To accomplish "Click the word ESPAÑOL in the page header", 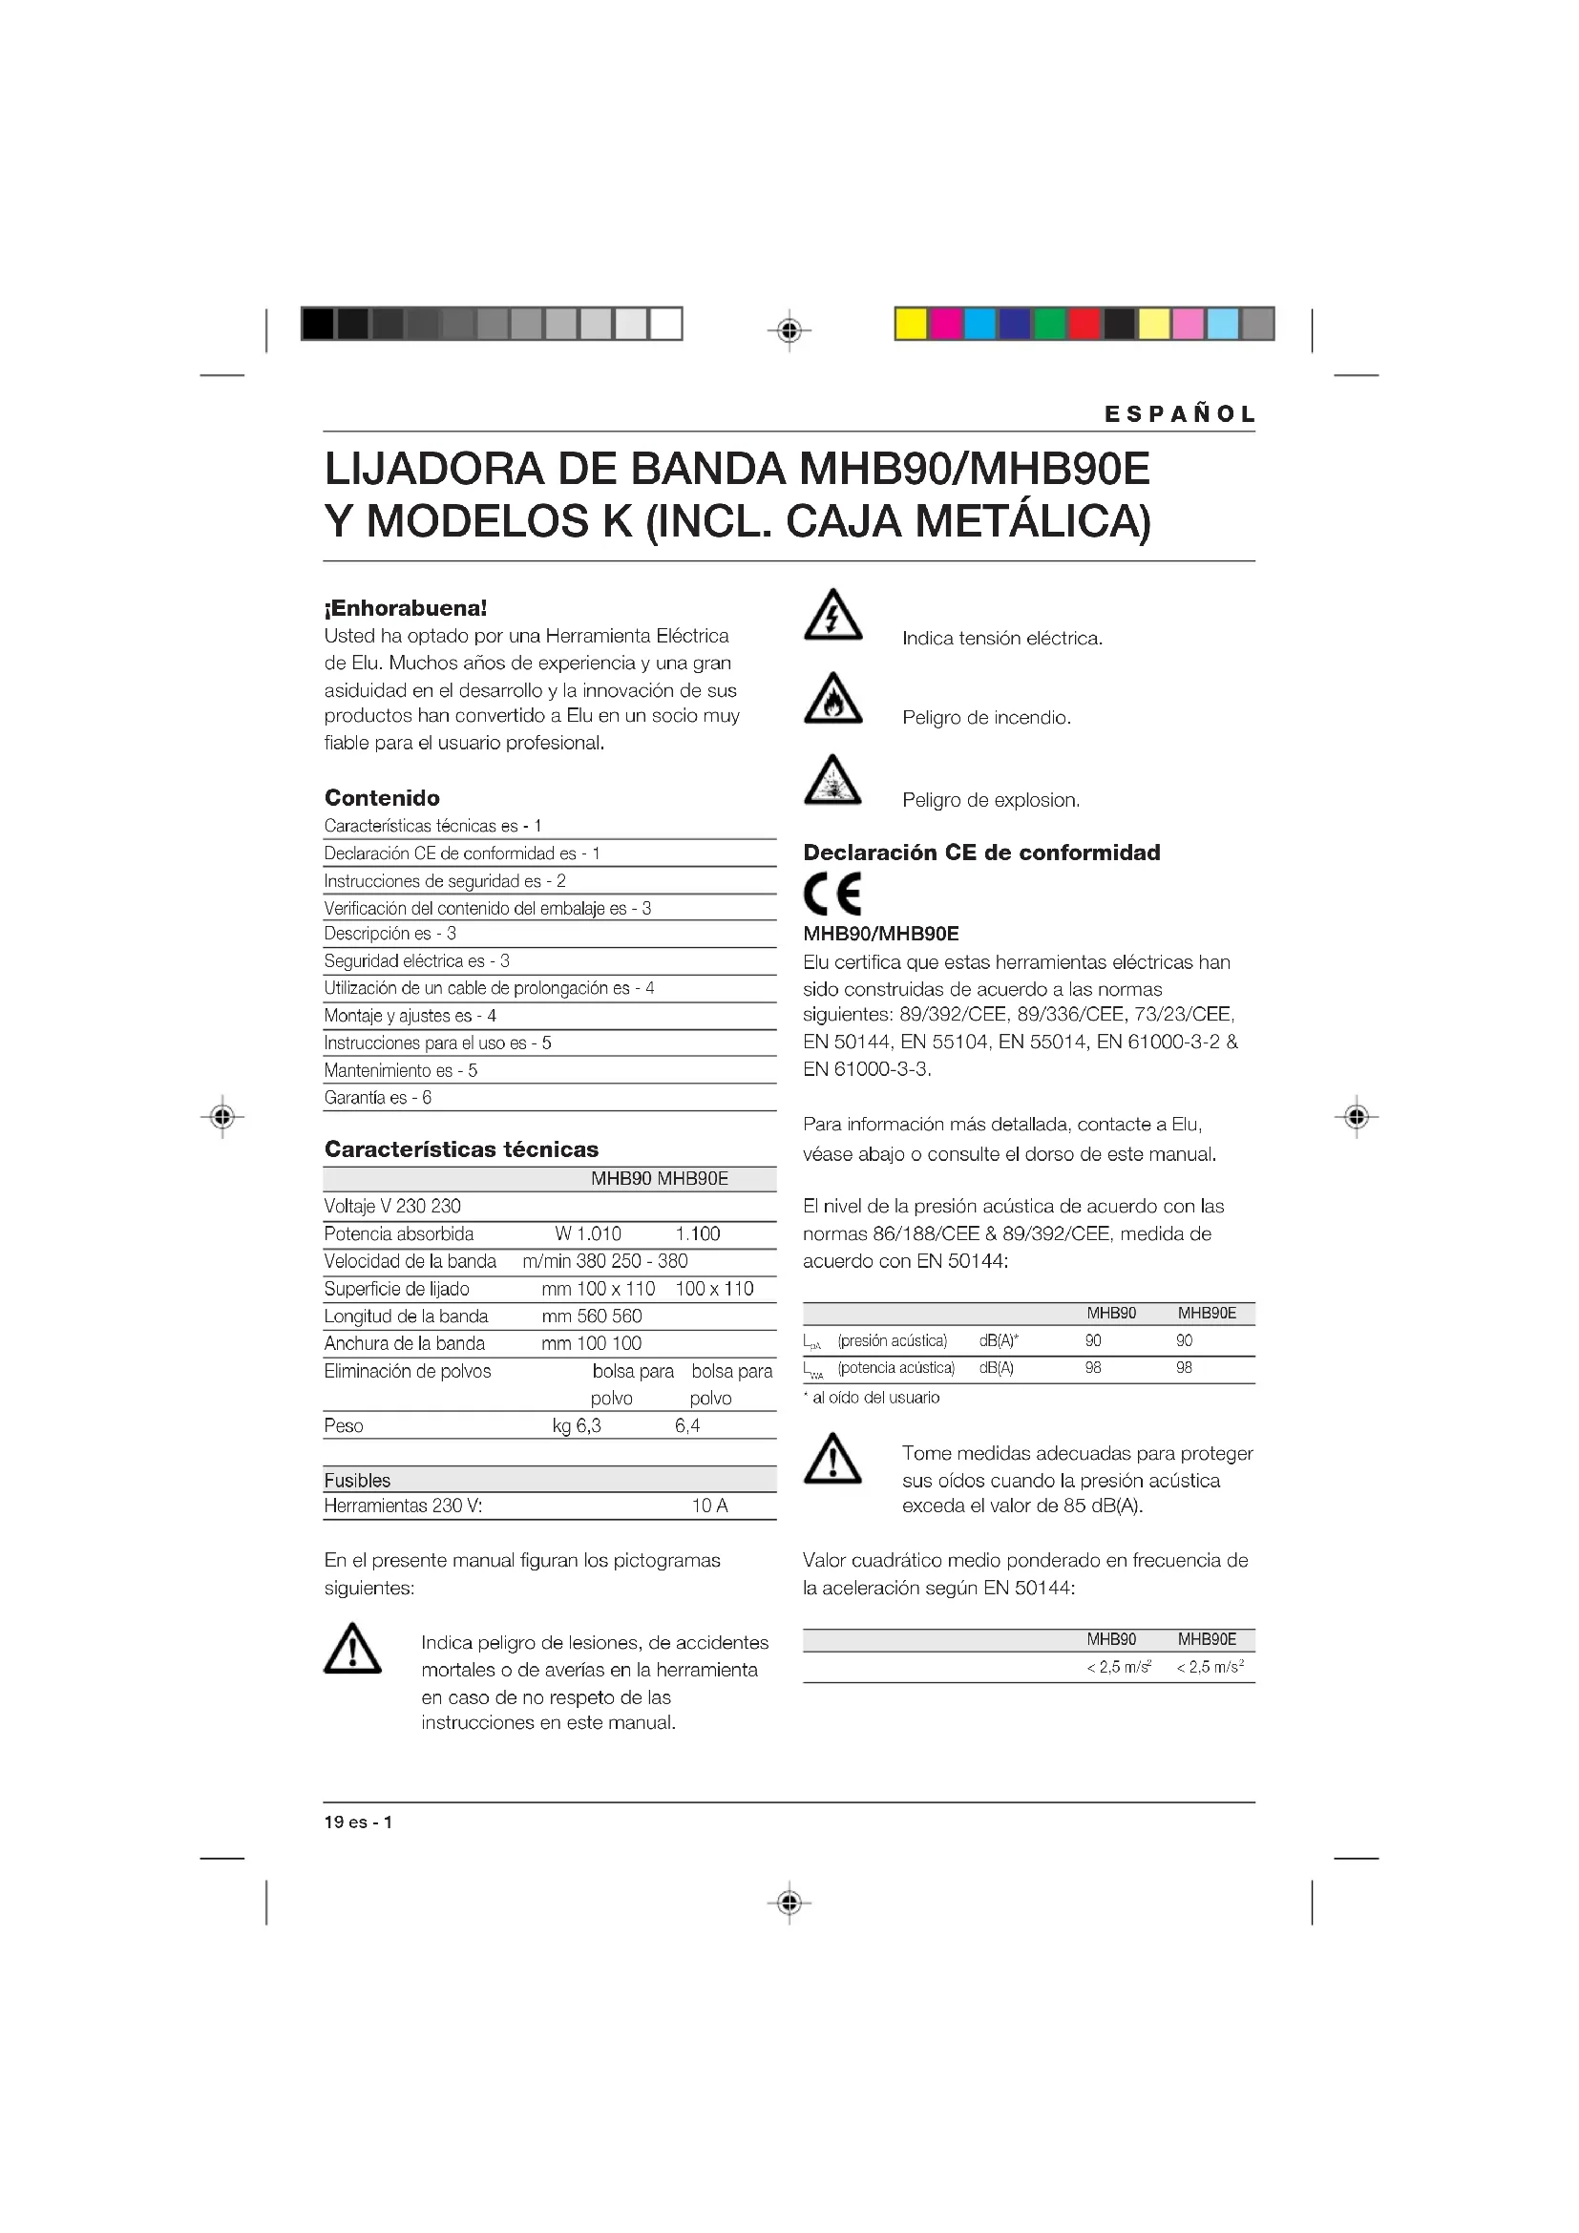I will click(1179, 413).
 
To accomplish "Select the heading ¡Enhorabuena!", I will click(406, 608).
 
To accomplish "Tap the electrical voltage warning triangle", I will click(832, 616).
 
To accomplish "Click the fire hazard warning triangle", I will click(832, 698).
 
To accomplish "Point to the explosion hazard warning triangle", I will click(832, 781).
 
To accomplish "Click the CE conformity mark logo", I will click(832, 894).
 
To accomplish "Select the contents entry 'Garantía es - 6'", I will click(377, 1097).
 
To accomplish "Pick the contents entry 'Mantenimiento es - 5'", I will click(401, 1070).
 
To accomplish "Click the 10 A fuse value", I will click(709, 1506).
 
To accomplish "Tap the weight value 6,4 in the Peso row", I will click(687, 1425).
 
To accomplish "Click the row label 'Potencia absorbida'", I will click(399, 1233).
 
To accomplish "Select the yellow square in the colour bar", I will click(911, 324).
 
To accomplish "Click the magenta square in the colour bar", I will click(945, 324).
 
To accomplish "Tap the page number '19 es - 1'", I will click(358, 1822).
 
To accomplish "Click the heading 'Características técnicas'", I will click(461, 1148).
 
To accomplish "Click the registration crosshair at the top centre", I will click(789, 330).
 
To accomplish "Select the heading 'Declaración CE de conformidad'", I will click(981, 852).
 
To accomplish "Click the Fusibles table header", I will click(357, 1481).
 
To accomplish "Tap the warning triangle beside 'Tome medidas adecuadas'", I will click(832, 1459).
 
